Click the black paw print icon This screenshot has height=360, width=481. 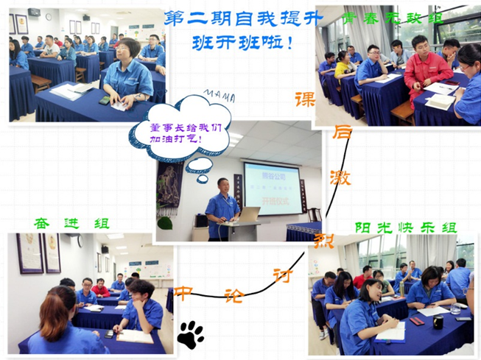click(x=191, y=333)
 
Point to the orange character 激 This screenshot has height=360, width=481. click(x=342, y=177)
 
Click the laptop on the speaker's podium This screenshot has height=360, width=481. click(x=247, y=214)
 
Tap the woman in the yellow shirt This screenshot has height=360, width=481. click(x=343, y=65)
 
